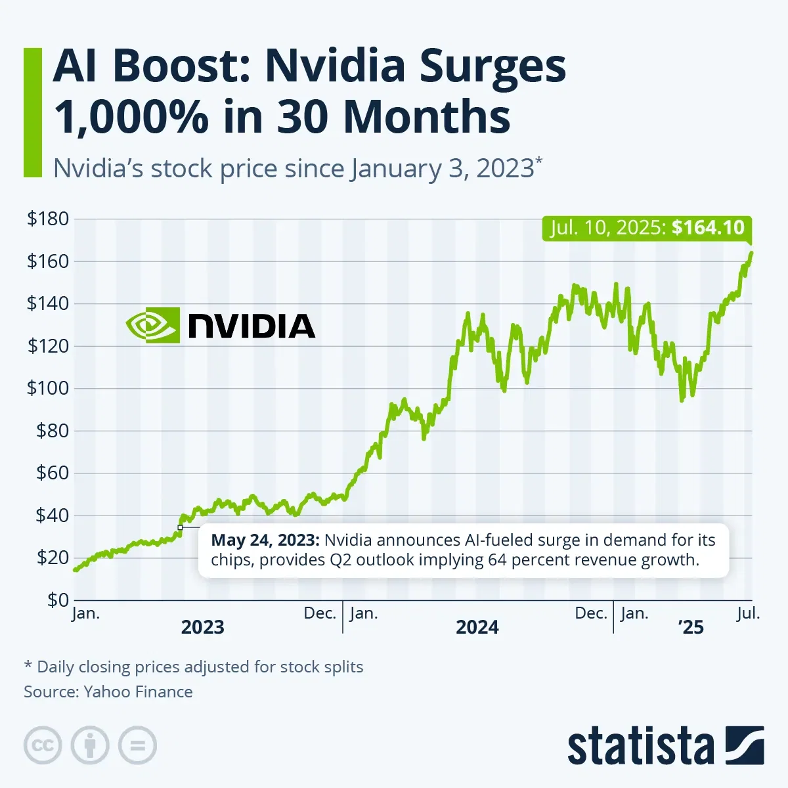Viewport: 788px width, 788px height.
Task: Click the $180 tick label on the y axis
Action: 48,219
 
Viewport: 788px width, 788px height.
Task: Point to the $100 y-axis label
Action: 48,388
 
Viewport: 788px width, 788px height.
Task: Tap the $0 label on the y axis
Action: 57,600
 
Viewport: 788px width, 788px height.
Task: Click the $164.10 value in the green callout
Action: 708,228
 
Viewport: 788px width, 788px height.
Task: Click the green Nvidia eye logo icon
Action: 152,325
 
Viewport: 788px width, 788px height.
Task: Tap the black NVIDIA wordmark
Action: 252,326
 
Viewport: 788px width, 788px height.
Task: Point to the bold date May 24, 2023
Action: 265,540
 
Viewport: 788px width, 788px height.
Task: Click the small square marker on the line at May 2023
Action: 180,527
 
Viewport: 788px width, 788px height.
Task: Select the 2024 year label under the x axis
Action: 477,628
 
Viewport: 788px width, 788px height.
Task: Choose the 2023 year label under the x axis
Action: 203,628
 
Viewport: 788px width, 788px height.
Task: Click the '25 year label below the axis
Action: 691,628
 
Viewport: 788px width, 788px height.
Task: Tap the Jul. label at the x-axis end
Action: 748,613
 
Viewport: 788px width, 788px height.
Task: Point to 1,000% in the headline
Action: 131,117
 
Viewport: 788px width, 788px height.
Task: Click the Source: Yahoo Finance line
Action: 108,691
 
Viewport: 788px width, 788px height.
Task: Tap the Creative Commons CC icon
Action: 43,746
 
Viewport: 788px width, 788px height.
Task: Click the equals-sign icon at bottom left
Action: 137,746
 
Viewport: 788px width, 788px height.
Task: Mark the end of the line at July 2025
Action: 751,253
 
